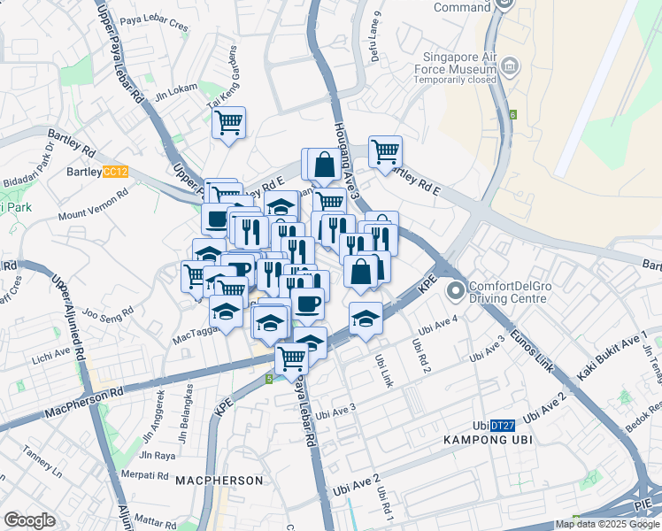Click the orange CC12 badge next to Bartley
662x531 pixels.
115,172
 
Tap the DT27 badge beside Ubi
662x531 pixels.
503,426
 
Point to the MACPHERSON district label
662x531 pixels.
219,481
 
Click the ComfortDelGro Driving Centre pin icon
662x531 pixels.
456,291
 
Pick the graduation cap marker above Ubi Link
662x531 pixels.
365,318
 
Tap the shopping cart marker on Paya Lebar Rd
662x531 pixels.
291,358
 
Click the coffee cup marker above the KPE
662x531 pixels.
307,304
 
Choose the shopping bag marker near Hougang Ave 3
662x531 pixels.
325,164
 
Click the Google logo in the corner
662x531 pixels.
29,519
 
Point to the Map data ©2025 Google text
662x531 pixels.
607,524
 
